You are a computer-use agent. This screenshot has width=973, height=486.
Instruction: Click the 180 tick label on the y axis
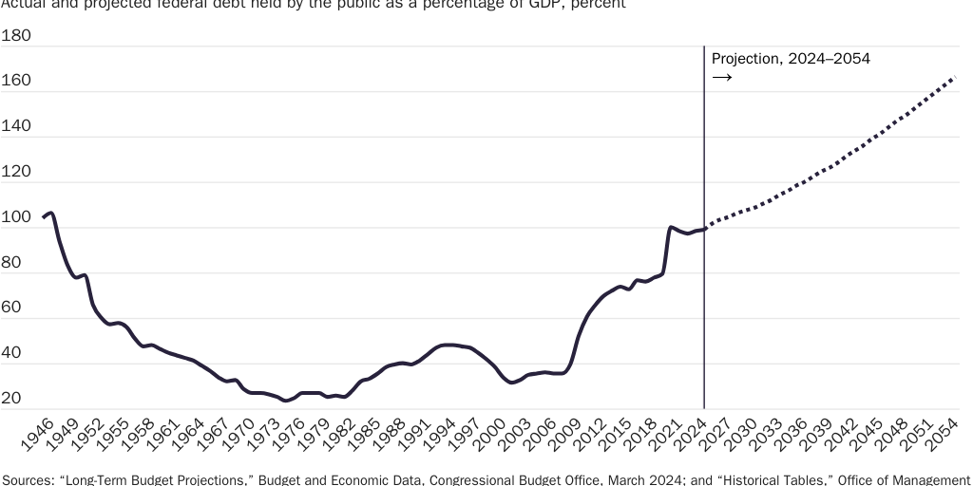tap(16, 36)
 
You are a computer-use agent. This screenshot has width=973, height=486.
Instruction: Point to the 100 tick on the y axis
tap(16, 218)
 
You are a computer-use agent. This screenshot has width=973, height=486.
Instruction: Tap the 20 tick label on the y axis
tap(11, 401)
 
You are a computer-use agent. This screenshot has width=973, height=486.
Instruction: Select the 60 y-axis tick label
tap(11, 309)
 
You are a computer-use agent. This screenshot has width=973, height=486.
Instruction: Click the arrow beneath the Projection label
tap(722, 77)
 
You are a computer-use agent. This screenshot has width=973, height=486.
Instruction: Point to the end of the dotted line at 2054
tap(954, 78)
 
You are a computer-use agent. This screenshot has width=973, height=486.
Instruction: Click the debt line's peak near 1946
tap(50, 214)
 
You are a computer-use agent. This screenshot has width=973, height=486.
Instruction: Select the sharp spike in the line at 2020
tap(671, 228)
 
